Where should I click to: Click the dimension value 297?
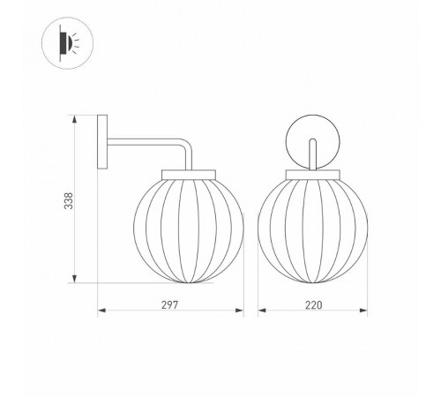pos(171,304)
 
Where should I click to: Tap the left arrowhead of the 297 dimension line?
pos(100,311)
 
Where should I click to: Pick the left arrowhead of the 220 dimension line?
pos(261,311)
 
